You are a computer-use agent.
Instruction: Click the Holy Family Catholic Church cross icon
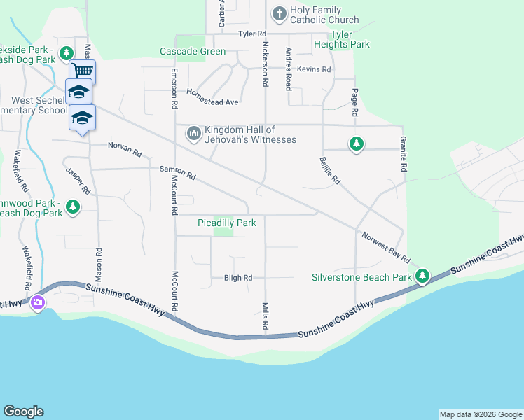(x=279, y=13)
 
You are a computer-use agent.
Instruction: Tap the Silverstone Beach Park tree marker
(x=422, y=276)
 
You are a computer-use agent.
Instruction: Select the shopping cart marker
(x=83, y=71)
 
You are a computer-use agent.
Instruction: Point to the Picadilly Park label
(x=226, y=223)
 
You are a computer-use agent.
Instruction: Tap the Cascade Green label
(x=193, y=51)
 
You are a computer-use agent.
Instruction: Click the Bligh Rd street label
(x=237, y=278)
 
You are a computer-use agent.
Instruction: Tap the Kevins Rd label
(x=313, y=69)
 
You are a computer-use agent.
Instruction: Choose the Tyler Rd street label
(x=252, y=34)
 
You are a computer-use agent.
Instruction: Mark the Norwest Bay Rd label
(x=385, y=247)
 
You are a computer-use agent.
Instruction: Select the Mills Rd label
(x=266, y=316)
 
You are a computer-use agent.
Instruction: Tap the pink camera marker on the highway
(x=38, y=303)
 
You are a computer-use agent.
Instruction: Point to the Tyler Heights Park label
(x=350, y=39)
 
